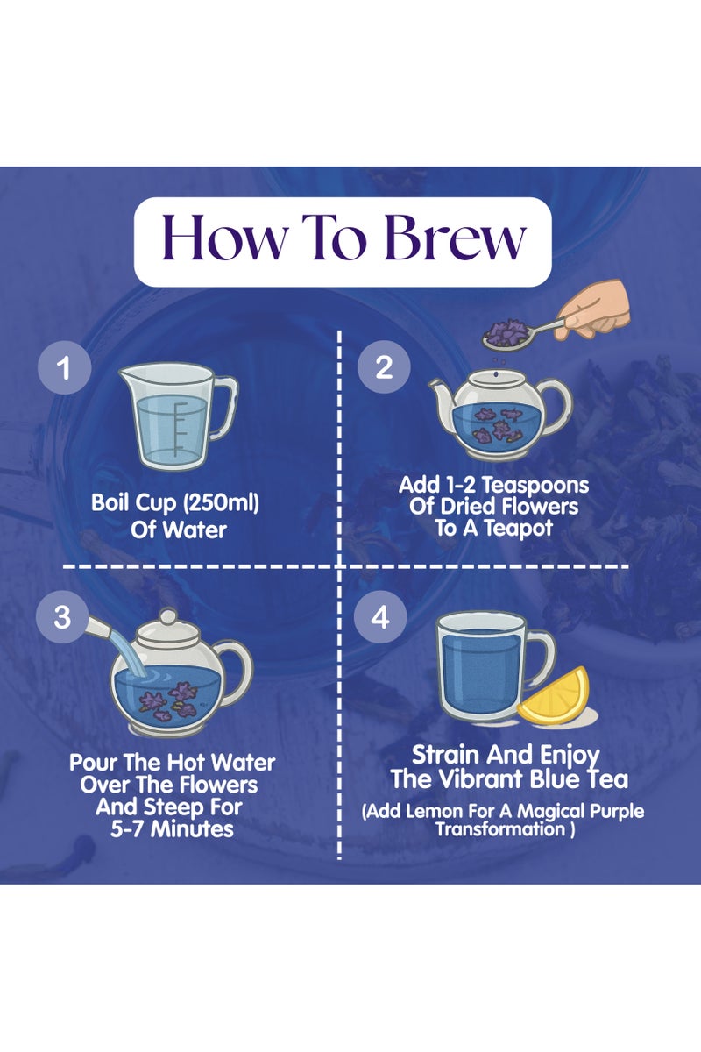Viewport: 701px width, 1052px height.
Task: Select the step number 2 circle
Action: pos(384,366)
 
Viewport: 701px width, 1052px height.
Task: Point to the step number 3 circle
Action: pos(62,616)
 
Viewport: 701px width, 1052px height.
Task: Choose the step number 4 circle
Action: pos(380,616)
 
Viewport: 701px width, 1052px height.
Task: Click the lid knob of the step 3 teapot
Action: pos(167,615)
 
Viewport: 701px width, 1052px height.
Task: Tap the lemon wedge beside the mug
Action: pos(554,696)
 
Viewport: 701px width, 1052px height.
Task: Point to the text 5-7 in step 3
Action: pos(128,828)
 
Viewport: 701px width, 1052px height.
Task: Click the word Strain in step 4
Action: pos(446,755)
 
